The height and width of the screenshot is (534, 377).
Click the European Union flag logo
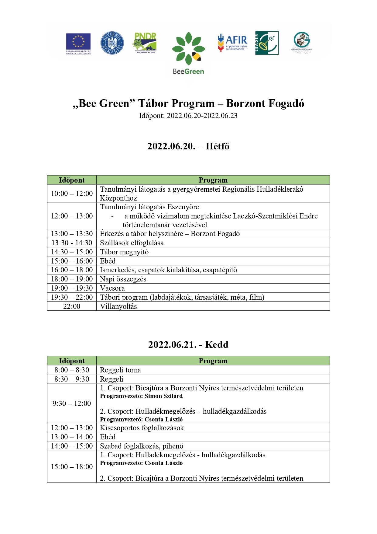click(x=78, y=44)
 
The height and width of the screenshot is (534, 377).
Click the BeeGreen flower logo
click(x=188, y=53)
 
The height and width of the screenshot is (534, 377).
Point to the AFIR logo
click(x=232, y=43)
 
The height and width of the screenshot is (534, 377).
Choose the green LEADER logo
click(x=267, y=43)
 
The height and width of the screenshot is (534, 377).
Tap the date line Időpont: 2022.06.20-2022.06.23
click(x=188, y=116)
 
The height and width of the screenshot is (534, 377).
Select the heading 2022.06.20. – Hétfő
click(x=188, y=146)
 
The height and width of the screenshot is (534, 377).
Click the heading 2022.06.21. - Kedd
click(x=188, y=345)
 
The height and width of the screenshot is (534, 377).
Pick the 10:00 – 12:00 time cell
click(x=72, y=194)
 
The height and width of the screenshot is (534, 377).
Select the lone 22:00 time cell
click(x=72, y=306)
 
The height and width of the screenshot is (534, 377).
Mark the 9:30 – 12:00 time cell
click(x=72, y=403)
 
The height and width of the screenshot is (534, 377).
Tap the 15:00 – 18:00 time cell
click(x=72, y=467)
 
